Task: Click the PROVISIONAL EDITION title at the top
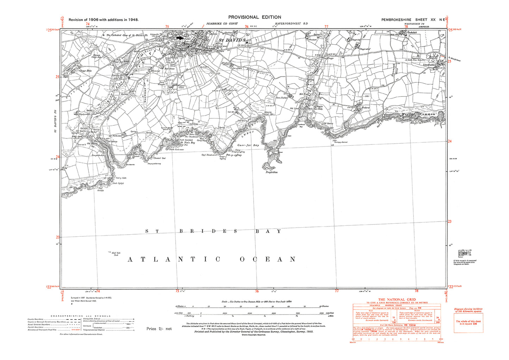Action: (x=254, y=17)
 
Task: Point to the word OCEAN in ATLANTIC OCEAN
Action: (x=267, y=259)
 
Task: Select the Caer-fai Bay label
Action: (x=248, y=145)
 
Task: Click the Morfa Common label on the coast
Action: (x=418, y=114)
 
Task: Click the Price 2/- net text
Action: (x=159, y=329)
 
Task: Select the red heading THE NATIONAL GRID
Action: (x=397, y=300)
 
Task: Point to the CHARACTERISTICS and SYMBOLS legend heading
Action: (x=81, y=316)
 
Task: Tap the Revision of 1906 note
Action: (x=104, y=20)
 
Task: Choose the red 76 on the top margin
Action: (x=247, y=26)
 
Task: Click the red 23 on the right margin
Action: (x=450, y=221)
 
